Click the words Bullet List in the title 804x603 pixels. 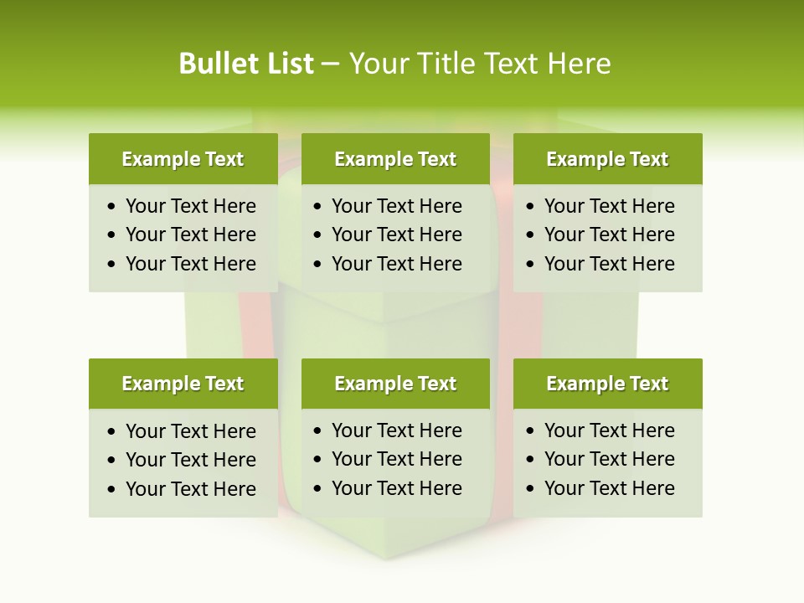click(245, 64)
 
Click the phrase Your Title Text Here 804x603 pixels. click(479, 64)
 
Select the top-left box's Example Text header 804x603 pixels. click(183, 159)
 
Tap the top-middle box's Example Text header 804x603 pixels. click(395, 159)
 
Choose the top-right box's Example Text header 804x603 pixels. click(607, 159)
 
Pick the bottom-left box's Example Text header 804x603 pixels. click(183, 384)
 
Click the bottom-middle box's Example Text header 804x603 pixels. click(395, 384)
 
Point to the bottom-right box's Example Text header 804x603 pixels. click(607, 384)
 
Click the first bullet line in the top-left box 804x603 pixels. click(190, 206)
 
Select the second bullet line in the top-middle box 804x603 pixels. click(396, 234)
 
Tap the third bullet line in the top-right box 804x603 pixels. click(609, 264)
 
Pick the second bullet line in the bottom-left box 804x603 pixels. click(190, 460)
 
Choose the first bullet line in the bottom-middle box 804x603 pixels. click(396, 430)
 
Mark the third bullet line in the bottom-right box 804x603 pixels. click(609, 488)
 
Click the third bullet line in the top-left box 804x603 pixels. click(190, 264)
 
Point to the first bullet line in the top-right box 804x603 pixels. click(609, 206)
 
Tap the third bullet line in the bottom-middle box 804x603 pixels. click(396, 488)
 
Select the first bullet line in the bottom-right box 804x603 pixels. click(609, 430)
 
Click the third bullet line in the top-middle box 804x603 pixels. click(396, 264)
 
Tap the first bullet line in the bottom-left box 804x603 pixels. click(190, 431)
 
